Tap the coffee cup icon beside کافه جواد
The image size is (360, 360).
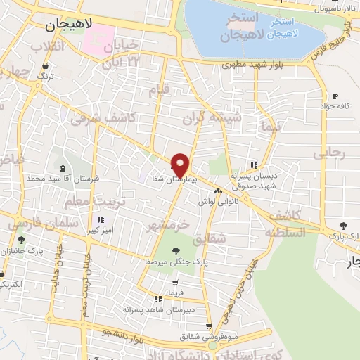pos(334,96)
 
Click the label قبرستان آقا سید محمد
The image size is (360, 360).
pos(63,179)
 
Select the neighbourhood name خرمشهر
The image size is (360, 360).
pos(170,227)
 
